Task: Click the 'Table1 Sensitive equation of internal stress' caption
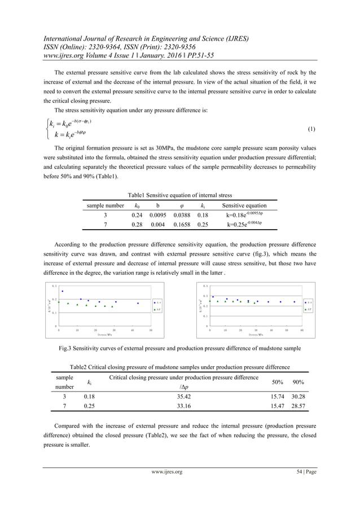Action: pyautogui.click(x=179, y=193)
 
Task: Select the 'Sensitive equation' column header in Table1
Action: pyautogui.click(x=244, y=206)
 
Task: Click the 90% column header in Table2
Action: pyautogui.click(x=299, y=382)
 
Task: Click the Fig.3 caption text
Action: pyautogui.click(x=179, y=348)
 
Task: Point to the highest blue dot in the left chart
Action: pyautogui.click(x=62, y=291)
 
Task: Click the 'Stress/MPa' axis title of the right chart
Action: pyautogui.click(x=256, y=334)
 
